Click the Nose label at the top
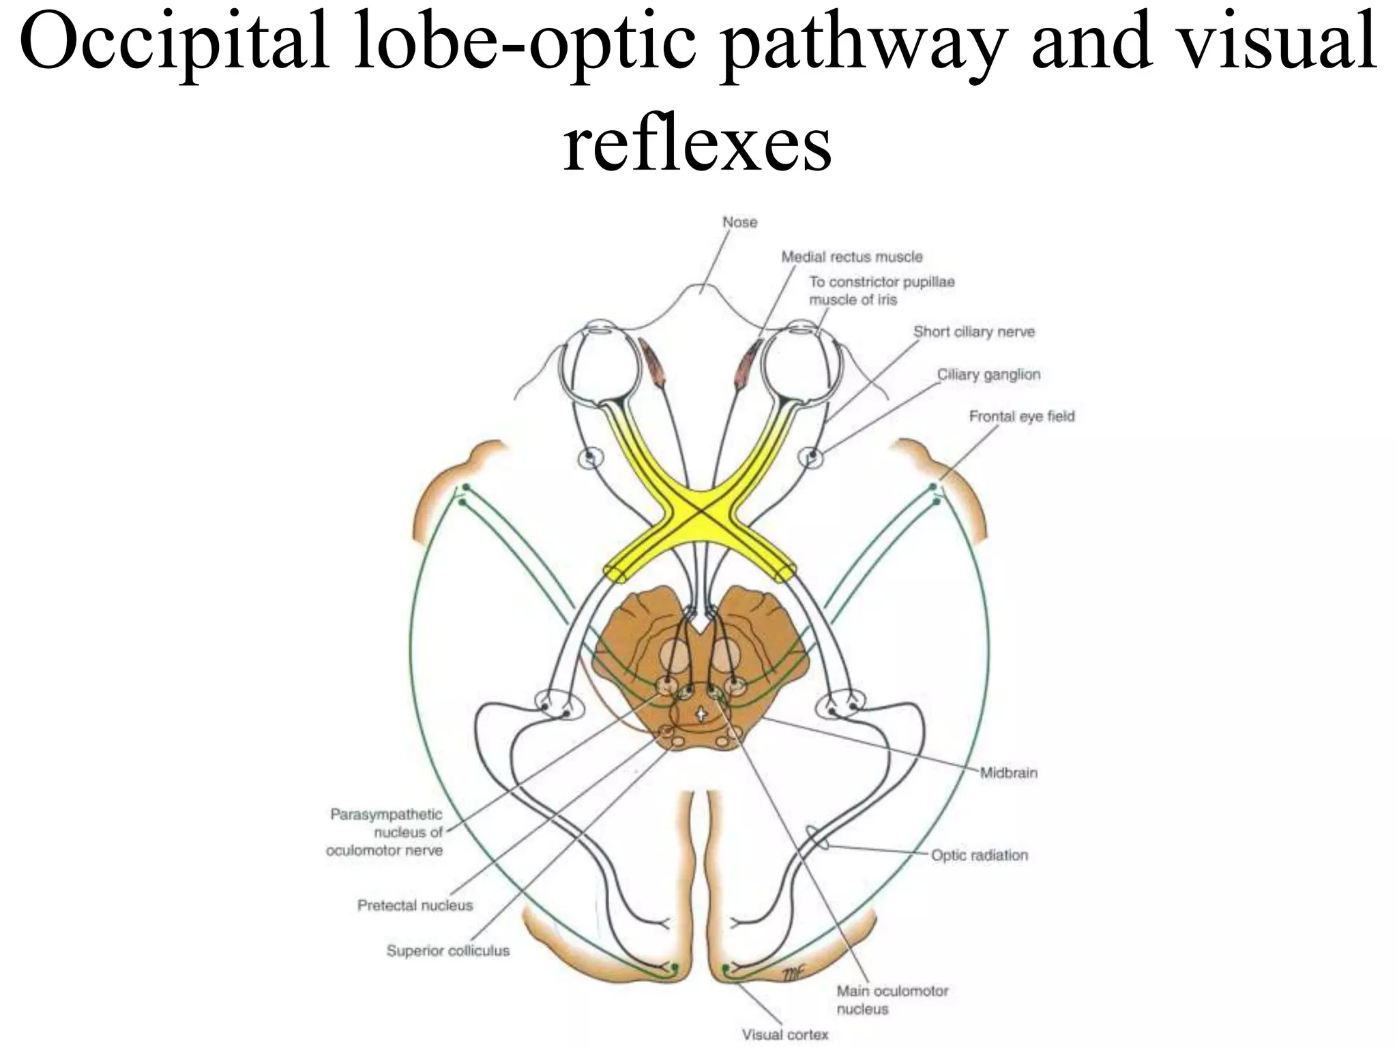[739, 222]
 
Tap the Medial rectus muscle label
[851, 257]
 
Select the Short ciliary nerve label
[973, 332]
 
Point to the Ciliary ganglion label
[988, 374]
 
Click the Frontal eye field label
[1021, 416]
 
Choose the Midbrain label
[1008, 773]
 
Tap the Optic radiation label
[979, 855]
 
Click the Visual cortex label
[784, 1035]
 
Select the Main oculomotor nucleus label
[892, 1000]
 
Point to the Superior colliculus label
[447, 951]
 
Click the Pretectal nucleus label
[415, 906]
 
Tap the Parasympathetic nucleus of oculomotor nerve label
[385, 832]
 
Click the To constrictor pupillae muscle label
[881, 291]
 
